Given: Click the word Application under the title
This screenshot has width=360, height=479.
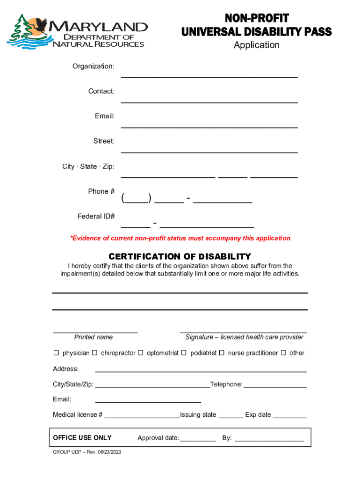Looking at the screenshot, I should point(256,45).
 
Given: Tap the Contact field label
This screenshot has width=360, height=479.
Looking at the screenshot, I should point(101,91).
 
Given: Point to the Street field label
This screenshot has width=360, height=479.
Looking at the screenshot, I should point(104,141).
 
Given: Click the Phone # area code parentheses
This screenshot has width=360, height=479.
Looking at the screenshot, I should point(136,198).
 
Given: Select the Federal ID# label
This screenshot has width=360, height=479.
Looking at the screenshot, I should point(96,216).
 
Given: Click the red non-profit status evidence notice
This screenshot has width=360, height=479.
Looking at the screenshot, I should point(180,238).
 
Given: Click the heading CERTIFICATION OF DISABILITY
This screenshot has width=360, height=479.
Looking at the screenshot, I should point(180,256).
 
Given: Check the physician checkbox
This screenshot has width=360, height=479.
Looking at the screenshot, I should point(56,353).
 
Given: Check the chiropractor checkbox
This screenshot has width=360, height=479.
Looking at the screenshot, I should point(94,353).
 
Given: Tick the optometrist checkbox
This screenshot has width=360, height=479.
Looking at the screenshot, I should point(140,353).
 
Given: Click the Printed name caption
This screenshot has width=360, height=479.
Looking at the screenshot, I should point(94,337).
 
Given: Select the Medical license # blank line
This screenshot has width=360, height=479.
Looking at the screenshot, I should point(142,416).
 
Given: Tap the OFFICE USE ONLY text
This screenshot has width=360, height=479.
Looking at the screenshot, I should point(82,438).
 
